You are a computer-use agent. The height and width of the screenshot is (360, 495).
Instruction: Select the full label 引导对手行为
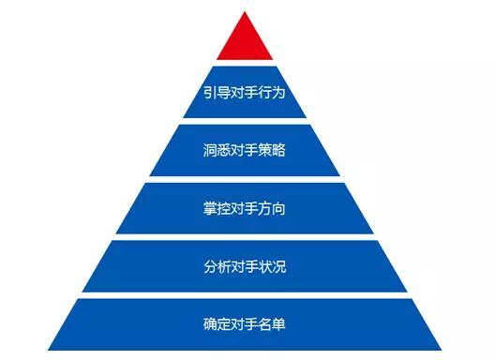pos(245,92)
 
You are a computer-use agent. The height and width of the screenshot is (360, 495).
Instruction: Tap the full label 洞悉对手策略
pos(245,150)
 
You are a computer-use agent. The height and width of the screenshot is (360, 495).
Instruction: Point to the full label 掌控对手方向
pos(245,208)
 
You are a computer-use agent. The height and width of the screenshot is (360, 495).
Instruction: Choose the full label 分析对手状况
pos(245,266)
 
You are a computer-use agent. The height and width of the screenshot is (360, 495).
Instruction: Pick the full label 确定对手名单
pos(245,324)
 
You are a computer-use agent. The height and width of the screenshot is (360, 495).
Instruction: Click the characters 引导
pos(217,92)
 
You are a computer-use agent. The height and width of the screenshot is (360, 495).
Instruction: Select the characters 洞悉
pos(217,150)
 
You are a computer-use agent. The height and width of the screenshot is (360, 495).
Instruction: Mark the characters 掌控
pos(217,208)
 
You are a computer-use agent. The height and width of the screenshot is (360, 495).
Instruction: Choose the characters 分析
pos(217,266)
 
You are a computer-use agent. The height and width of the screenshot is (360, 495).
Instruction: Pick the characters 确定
pos(217,324)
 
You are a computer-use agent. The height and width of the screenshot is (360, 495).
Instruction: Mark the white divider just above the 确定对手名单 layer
pos(245,295)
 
